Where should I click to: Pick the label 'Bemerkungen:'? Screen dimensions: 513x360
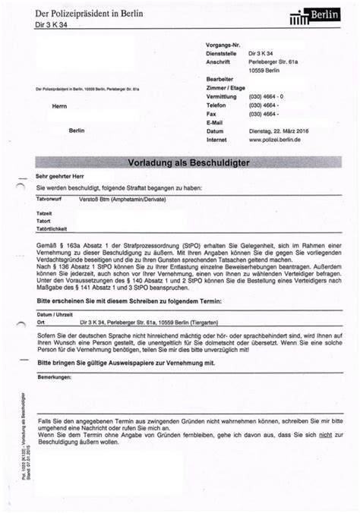click(52, 377)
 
